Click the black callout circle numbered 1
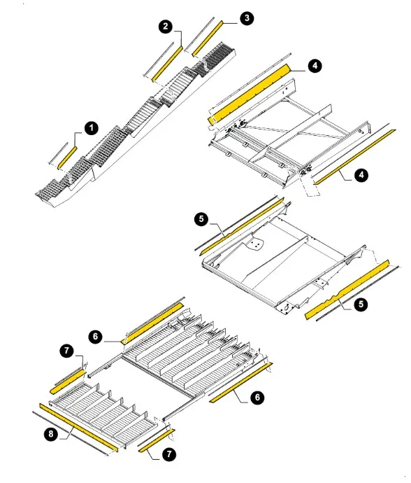(x=91, y=128)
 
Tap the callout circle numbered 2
(x=166, y=26)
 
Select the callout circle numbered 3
(x=247, y=18)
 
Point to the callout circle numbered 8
(x=51, y=434)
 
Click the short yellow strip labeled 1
(x=67, y=157)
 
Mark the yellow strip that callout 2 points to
(x=167, y=64)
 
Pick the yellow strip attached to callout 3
(x=208, y=38)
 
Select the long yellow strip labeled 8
(x=78, y=428)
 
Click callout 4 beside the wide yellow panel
(x=315, y=66)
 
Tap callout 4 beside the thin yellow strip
(x=361, y=175)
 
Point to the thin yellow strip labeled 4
(x=354, y=157)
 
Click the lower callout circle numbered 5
(x=361, y=304)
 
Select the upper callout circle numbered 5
(x=201, y=219)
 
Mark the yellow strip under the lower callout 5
(x=347, y=290)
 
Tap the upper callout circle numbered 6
(x=95, y=336)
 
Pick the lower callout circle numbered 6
(x=257, y=398)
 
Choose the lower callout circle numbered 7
(x=169, y=454)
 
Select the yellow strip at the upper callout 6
(x=153, y=323)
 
